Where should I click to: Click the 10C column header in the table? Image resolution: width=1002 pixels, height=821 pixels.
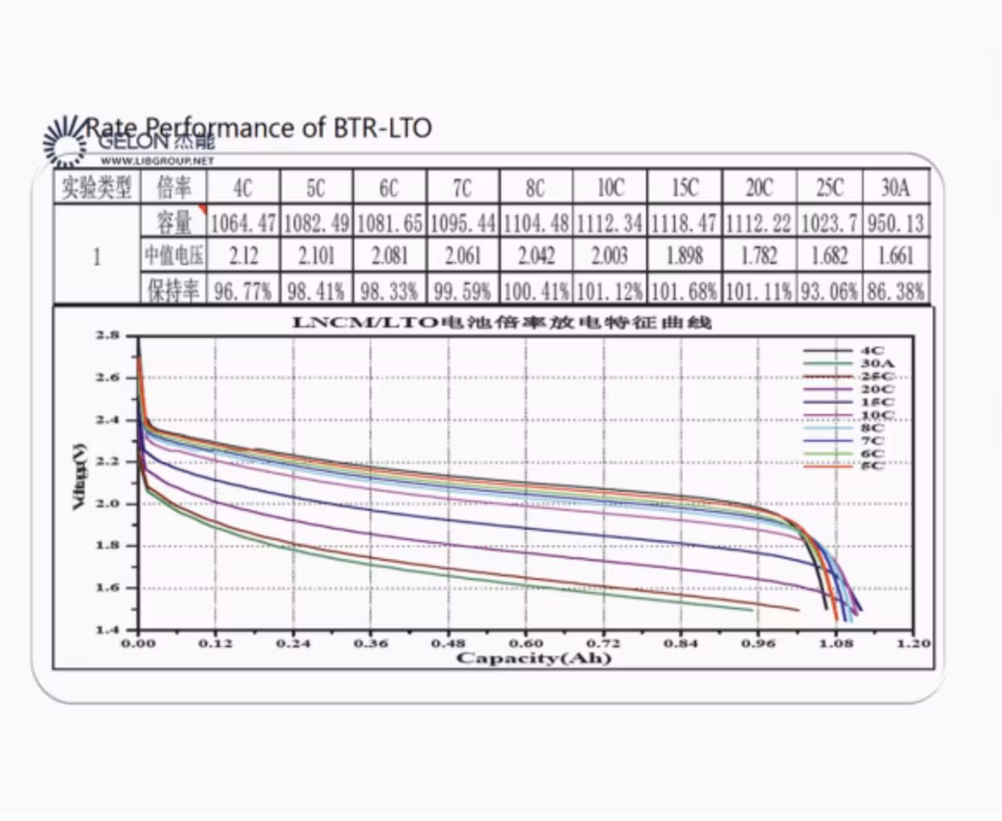pyautogui.click(x=611, y=187)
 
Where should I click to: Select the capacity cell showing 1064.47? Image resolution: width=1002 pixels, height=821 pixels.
pyautogui.click(x=243, y=223)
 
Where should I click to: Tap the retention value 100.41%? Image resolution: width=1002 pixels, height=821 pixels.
pyautogui.click(x=536, y=289)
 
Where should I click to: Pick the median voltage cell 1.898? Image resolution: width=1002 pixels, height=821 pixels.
pyautogui.click(x=684, y=256)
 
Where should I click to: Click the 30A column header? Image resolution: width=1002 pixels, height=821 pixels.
pyautogui.click(x=894, y=187)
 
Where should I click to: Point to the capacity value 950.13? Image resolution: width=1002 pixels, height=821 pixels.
pyautogui.click(x=894, y=223)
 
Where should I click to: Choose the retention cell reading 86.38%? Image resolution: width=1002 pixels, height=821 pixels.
pyautogui.click(x=894, y=289)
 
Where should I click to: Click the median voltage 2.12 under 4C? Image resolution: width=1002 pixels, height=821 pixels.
pyautogui.click(x=243, y=256)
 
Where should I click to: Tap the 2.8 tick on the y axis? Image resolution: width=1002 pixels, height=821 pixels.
pyautogui.click(x=108, y=336)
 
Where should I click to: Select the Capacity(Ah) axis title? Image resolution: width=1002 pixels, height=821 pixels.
pyautogui.click(x=533, y=657)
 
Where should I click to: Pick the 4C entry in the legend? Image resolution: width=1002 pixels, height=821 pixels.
pyautogui.click(x=871, y=352)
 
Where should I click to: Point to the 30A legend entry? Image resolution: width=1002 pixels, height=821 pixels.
pyautogui.click(x=871, y=364)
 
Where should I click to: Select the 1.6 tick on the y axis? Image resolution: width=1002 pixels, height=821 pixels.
pyautogui.click(x=108, y=588)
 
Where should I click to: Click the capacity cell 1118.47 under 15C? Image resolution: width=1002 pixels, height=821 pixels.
pyautogui.click(x=684, y=223)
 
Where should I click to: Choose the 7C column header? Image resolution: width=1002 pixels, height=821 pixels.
pyautogui.click(x=462, y=187)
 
